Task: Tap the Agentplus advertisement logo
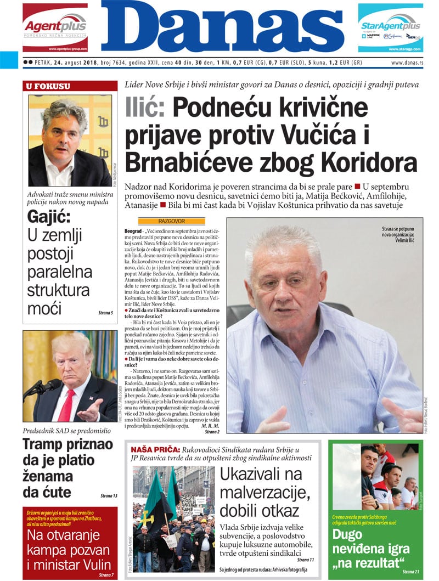[55, 26]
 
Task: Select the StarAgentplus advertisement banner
[391, 27]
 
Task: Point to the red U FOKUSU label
[48, 86]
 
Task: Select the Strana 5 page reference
[105, 313]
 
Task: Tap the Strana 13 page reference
[109, 495]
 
